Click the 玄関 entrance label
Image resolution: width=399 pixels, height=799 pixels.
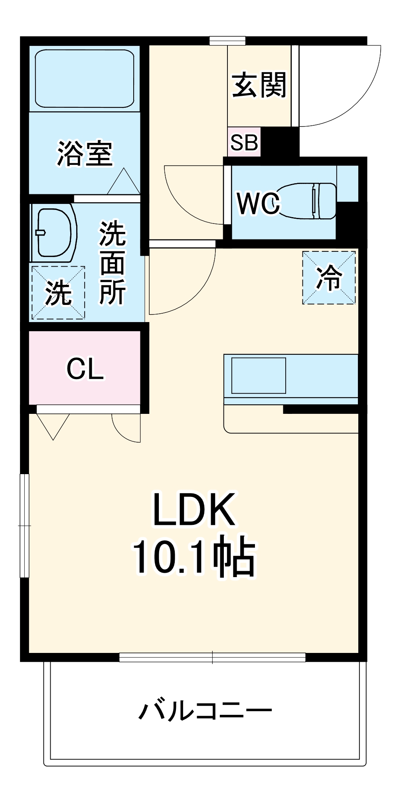259,85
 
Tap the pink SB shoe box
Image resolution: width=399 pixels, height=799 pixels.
244,142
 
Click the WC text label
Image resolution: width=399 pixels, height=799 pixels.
259,203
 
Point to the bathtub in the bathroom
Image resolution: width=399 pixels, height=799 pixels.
85,78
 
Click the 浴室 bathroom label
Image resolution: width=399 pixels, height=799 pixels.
85,154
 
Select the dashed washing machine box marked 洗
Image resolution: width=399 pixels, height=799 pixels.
58,293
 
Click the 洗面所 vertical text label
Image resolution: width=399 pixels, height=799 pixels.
113,263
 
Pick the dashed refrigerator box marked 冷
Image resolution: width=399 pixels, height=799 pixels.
329,277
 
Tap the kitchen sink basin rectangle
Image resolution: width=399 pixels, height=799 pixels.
259,376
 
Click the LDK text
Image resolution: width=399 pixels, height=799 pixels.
194,510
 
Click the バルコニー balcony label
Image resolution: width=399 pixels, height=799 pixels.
205,710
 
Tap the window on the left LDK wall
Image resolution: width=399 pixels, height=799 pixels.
25,525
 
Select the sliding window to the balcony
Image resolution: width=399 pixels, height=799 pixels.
212,657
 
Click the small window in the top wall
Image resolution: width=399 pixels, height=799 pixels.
227,40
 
